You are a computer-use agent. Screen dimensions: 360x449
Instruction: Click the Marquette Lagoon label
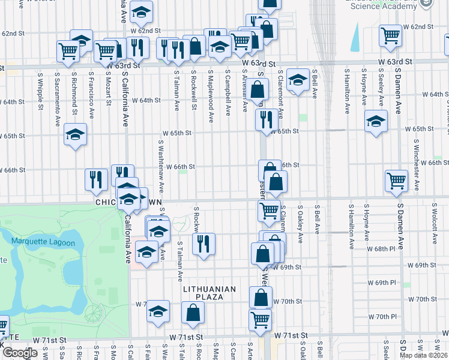(43, 242)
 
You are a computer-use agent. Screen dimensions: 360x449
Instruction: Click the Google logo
(20, 353)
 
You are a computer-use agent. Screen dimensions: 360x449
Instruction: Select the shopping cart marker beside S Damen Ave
(396, 180)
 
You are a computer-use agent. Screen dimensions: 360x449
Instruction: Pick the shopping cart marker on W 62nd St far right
(390, 37)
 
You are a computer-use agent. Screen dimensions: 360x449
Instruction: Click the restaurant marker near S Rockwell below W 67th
(203, 244)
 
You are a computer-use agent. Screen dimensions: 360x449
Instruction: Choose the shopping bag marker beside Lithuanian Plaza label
(193, 313)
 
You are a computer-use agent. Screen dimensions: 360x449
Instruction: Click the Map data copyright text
(424, 355)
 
